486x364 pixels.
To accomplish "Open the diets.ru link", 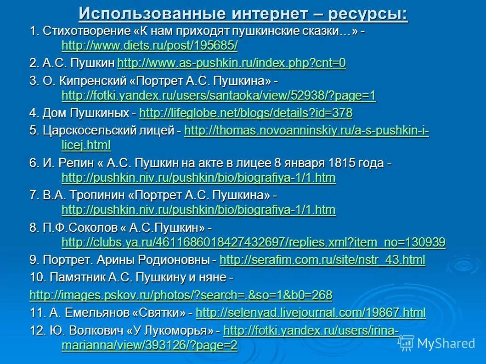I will point(149,46).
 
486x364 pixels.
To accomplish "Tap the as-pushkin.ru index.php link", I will point(232,63).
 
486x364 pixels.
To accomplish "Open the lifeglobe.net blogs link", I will point(246,113).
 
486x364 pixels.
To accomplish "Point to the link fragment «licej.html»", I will point(86,146).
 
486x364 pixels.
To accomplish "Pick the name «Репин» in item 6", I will point(73,163).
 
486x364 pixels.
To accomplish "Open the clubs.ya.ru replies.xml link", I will point(253,242).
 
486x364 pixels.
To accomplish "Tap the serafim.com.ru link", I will point(322,260).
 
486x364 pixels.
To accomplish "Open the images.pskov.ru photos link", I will point(181,295).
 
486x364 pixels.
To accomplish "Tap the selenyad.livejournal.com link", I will point(311,313).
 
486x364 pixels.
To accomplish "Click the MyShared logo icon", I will point(406,343).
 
